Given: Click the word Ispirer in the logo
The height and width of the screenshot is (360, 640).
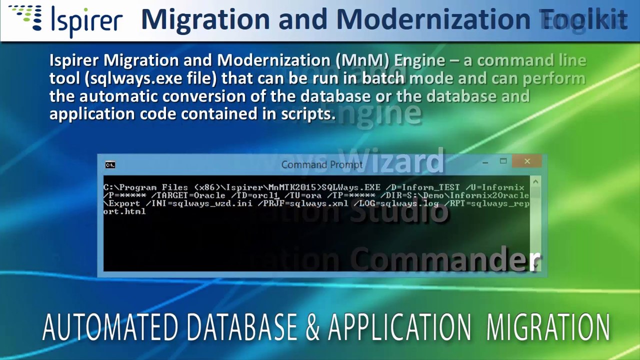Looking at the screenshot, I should click(x=86, y=21).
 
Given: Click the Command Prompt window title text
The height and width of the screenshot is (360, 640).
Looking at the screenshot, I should click(x=321, y=165).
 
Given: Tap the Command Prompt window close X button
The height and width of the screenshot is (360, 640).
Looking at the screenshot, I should click(x=527, y=161).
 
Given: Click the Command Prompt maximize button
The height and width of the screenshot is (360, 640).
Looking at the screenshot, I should click(x=503, y=161).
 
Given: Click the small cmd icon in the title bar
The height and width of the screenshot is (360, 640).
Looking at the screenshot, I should click(x=110, y=165).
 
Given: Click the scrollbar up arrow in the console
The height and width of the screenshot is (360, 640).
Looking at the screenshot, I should click(x=535, y=182).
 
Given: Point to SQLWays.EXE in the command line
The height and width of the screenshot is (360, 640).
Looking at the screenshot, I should click(x=350, y=188).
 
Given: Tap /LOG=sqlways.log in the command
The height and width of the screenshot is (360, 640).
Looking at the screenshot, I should click(x=395, y=203).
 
